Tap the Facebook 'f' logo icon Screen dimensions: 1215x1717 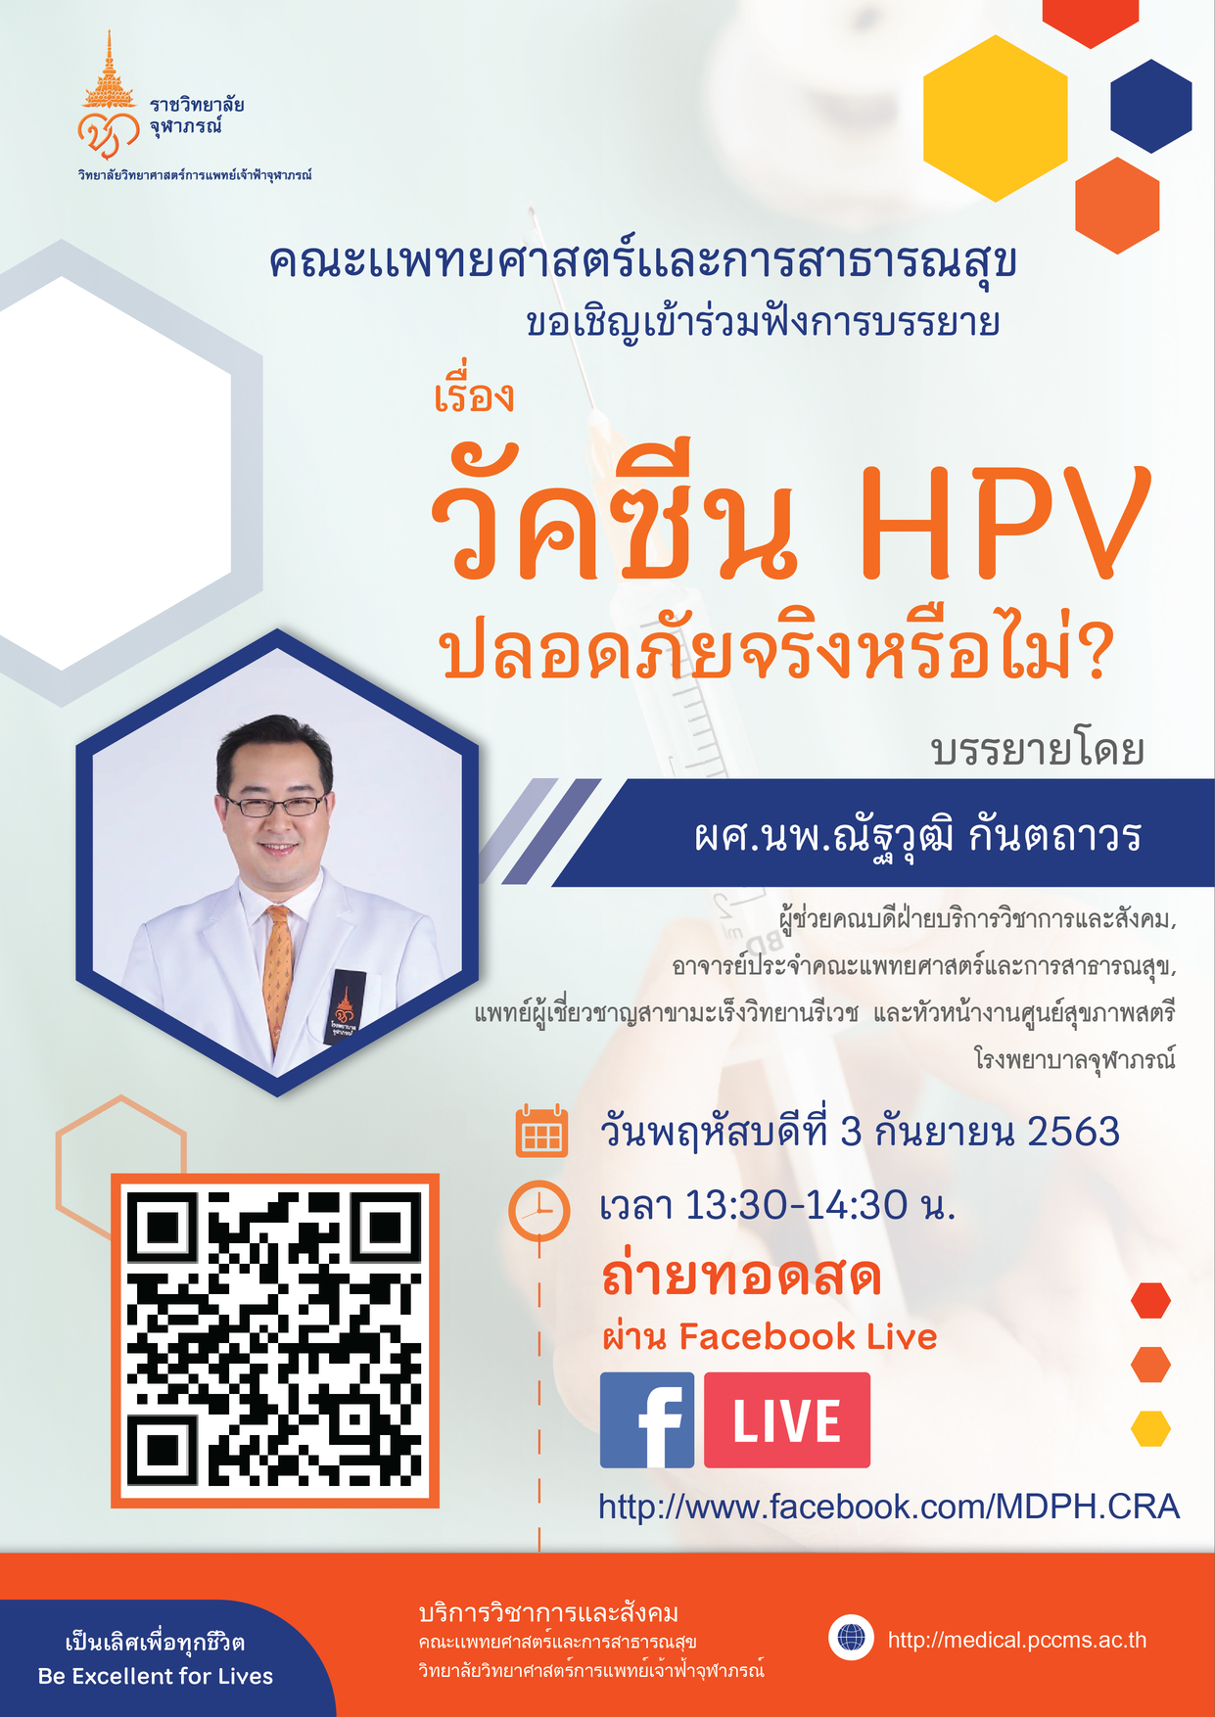646,1419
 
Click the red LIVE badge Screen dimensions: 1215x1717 787,1419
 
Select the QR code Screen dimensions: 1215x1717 275,1339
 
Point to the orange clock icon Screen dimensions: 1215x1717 538,1211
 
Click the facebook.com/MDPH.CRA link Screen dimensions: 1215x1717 889,1506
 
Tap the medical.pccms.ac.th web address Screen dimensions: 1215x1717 1016,1640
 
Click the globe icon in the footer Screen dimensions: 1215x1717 851,1637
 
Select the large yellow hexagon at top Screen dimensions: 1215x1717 995,118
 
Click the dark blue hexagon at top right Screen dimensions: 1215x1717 1151,106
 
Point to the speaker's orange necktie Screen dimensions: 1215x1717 278,974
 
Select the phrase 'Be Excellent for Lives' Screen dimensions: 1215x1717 156,1676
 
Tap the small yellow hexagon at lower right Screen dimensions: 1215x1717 1150,1428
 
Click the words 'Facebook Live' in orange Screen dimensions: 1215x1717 808,1336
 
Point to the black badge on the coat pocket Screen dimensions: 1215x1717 345,1006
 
